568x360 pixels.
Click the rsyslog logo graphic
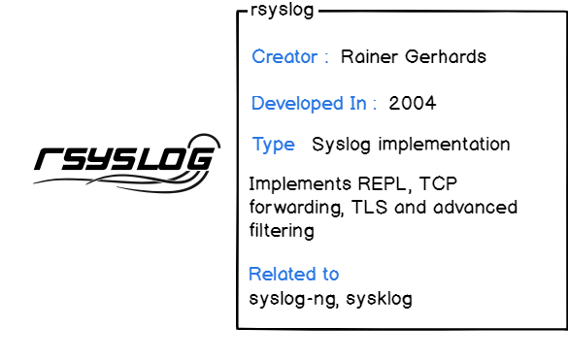pyautogui.click(x=122, y=161)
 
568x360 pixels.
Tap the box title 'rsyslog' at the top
pyautogui.click(x=283, y=11)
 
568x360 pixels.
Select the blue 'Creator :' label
pyautogui.click(x=290, y=56)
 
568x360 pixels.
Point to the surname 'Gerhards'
pyautogui.click(x=444, y=56)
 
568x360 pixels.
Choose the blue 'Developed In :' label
pyautogui.click(x=314, y=103)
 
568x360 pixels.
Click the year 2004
pyautogui.click(x=412, y=103)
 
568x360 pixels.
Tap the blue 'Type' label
pyautogui.click(x=273, y=145)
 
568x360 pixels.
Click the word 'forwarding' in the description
pyautogui.click(x=291, y=208)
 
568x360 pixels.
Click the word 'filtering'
pyautogui.click(x=282, y=231)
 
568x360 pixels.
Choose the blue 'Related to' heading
pyautogui.click(x=293, y=274)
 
